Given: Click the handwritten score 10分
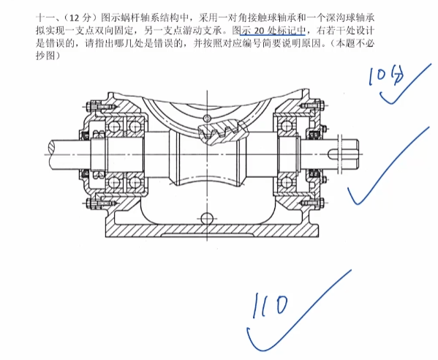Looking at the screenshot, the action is (386, 75).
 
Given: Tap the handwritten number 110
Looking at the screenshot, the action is (270, 305).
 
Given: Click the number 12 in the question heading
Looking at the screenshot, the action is (75, 18).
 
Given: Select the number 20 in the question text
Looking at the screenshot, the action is (259, 31).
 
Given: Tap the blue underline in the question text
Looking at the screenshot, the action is (272, 35).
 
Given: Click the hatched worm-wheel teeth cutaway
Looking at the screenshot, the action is (222, 132).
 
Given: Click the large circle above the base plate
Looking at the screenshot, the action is (207, 217).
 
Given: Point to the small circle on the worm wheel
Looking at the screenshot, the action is (207, 118).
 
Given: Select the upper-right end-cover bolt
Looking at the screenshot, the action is (312, 105).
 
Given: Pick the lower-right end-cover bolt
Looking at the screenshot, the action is (312, 203).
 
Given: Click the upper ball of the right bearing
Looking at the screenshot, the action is (286, 127).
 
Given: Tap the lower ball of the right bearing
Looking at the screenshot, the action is (286, 182).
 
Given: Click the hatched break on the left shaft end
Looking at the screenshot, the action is (53, 147).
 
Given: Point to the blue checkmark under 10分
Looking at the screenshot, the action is (405, 84).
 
